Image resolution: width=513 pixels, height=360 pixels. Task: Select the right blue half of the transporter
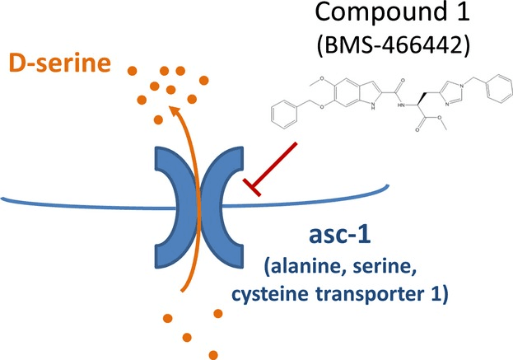point(221,199)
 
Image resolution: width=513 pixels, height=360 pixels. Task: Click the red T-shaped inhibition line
point(268,165)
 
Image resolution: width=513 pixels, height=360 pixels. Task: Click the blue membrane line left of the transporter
point(74,199)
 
